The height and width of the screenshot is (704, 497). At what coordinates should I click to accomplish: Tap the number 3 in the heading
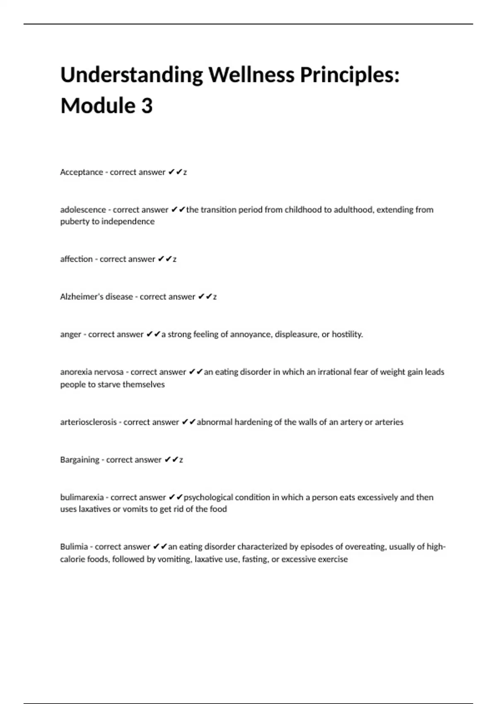(x=147, y=106)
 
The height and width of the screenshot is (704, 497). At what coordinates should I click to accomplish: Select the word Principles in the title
(x=350, y=75)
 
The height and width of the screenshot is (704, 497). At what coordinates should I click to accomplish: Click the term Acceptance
(x=82, y=172)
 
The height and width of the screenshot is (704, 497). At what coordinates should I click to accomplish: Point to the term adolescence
(x=83, y=210)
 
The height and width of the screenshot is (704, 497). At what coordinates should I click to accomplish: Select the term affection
(x=76, y=259)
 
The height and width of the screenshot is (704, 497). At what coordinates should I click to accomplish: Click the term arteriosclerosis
(x=88, y=422)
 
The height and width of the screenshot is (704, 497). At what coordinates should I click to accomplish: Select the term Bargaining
(x=80, y=460)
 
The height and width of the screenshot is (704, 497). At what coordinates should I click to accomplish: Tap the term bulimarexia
(x=82, y=497)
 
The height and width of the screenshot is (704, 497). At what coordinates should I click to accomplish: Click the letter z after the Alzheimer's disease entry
(x=215, y=297)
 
